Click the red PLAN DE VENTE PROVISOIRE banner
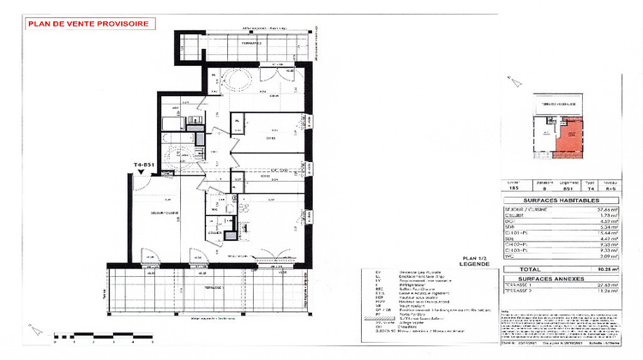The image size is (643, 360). pos(87,25)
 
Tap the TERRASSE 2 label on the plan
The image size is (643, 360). pos(250,42)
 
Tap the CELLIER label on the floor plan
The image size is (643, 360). pos(213,232)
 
